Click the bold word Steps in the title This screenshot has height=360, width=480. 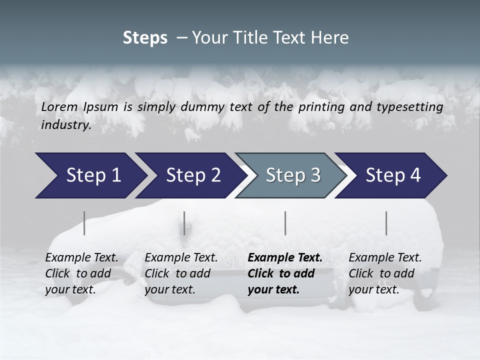click(145, 38)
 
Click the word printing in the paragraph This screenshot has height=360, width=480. click(320, 107)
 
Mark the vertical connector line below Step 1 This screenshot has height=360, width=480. click(84, 223)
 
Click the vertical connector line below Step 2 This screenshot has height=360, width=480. click(184, 223)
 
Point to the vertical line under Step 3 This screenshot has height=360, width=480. click(285, 223)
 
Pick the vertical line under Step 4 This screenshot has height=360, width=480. click(386, 223)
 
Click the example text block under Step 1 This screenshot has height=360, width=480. click(81, 273)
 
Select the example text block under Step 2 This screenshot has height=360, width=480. click(181, 273)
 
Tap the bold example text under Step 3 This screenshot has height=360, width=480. click(285, 273)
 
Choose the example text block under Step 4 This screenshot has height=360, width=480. click(385, 273)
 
